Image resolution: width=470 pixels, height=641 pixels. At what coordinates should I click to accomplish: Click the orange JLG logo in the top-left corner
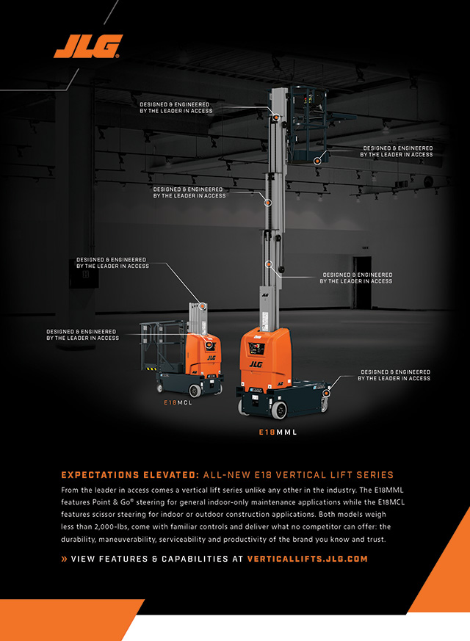pos(87,46)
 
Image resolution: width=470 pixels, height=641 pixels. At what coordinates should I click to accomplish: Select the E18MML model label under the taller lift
pos(278,432)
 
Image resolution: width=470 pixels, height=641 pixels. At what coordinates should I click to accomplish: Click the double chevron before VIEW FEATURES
pos(64,559)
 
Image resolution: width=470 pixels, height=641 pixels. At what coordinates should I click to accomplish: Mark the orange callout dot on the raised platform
pos(317,160)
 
